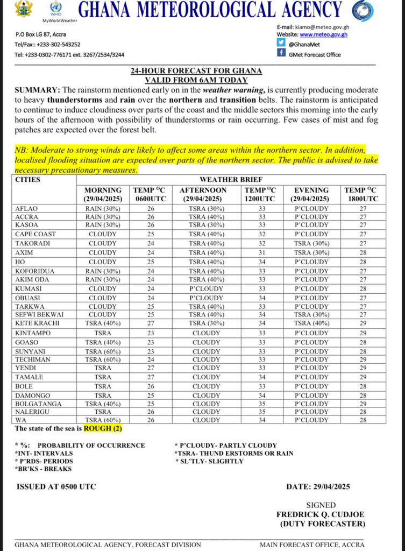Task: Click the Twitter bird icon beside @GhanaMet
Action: [x=281, y=44]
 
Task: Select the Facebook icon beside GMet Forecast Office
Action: [x=281, y=53]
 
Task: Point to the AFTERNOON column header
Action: [x=203, y=190]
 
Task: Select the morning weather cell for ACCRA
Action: [x=102, y=217]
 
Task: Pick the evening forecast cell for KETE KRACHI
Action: [x=311, y=324]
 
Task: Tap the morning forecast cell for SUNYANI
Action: [x=102, y=351]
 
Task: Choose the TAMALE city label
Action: [x=29, y=377]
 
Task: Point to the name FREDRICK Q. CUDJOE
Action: [x=321, y=514]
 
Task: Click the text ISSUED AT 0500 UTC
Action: [x=56, y=487]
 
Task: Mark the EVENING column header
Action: [x=311, y=190]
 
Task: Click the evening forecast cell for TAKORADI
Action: [x=311, y=244]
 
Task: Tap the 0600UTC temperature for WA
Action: [x=151, y=420]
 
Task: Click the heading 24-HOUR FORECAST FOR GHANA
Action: [x=196, y=71]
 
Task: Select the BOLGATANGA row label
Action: [x=38, y=404]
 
